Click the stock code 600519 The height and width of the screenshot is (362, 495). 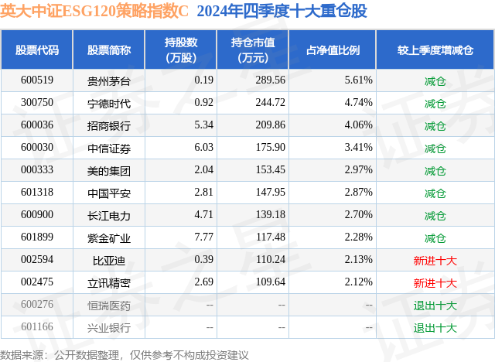point(37,80)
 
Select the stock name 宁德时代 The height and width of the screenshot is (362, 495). point(109,103)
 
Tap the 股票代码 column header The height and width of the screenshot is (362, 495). point(37,50)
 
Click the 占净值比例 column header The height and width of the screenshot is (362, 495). point(333,50)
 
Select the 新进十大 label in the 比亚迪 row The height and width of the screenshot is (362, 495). point(435,260)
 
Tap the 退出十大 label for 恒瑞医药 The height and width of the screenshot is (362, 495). point(435,305)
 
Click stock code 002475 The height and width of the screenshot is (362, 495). point(37,282)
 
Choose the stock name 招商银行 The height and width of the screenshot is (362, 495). point(109,125)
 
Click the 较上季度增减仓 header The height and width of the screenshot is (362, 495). point(435,50)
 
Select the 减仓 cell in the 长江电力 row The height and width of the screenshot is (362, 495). point(435,215)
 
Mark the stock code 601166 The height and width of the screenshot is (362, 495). point(37,327)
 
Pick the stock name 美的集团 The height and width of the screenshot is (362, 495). point(109,170)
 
